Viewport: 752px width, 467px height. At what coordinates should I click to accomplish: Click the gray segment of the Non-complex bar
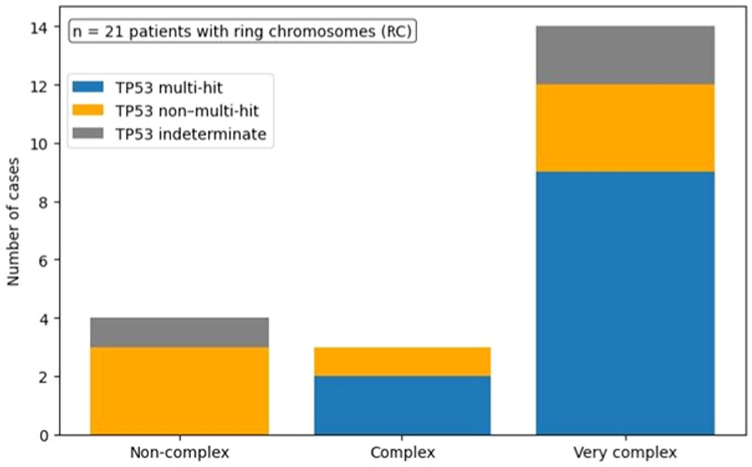(180, 333)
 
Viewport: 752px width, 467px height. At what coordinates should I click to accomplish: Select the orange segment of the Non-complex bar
(180, 391)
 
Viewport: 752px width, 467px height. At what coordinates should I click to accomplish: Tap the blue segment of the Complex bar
(402, 406)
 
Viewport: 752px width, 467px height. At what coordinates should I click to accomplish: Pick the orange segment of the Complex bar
(402, 361)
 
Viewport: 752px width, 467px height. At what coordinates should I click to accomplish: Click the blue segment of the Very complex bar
(625, 304)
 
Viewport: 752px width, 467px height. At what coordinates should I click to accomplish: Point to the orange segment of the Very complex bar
(625, 128)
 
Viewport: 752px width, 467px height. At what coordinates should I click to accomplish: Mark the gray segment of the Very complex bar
(625, 55)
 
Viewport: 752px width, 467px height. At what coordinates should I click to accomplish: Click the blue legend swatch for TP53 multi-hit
(88, 87)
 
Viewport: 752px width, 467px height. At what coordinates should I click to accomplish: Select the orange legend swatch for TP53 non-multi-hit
(88, 110)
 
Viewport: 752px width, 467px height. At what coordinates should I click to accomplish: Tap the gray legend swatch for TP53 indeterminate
(88, 133)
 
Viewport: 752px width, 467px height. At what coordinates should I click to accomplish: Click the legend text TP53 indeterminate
(191, 134)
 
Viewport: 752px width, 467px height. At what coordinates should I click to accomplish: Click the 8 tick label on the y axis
(44, 203)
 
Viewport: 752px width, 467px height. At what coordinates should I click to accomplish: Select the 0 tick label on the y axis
(44, 436)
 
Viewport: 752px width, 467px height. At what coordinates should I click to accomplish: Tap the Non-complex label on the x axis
(180, 452)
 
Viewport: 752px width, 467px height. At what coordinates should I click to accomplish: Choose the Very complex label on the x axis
(625, 453)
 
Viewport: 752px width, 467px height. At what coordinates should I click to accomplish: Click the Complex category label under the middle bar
(402, 453)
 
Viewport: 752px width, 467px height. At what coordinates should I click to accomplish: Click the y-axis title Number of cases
(14, 222)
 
